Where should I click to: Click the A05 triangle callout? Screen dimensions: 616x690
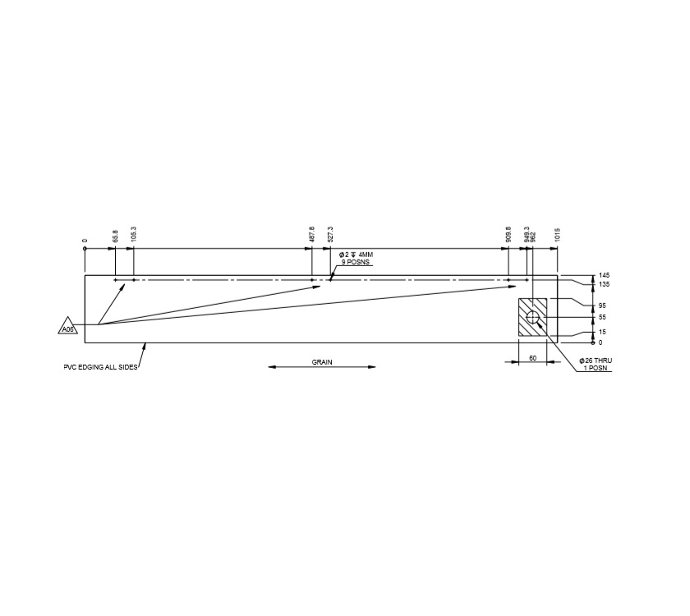67,328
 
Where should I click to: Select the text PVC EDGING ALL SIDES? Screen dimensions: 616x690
100,367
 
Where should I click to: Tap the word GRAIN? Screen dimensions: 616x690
322,361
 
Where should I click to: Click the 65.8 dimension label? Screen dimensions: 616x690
116,235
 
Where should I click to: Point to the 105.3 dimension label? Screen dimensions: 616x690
134,233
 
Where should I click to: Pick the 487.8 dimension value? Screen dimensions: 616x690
312,233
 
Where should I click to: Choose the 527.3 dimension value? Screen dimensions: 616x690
330,233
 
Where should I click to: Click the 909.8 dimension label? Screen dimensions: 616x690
508,233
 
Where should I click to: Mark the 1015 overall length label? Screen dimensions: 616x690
558,235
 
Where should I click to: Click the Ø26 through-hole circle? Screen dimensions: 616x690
532,317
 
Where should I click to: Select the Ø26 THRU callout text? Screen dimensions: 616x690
596,361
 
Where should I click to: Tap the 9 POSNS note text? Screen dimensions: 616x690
356,262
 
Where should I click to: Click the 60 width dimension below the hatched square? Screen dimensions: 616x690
532,358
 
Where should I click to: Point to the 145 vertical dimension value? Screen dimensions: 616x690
604,275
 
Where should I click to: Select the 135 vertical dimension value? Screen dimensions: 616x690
604,284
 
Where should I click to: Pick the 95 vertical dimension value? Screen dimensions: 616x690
602,306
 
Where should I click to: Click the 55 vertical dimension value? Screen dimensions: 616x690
602,317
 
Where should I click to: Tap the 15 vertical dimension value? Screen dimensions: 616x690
602,332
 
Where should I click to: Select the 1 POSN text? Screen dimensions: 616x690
595,369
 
